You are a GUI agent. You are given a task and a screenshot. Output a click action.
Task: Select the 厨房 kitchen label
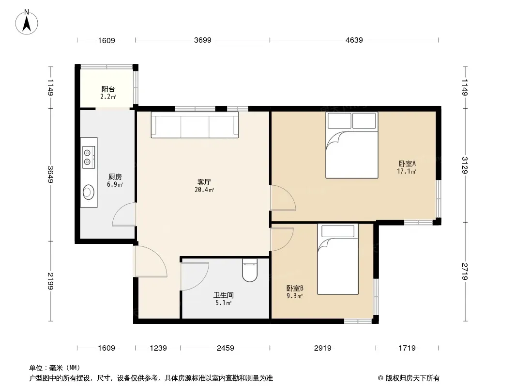coord(115,178)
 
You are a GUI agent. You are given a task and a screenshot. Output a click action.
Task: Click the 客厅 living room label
coord(204,182)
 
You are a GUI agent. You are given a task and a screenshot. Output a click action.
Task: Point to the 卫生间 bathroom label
coord(223,295)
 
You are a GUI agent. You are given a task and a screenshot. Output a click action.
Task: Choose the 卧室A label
coord(407,163)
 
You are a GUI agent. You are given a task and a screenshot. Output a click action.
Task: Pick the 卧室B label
coord(294,288)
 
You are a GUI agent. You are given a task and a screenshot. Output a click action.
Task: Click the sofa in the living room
coord(195,125)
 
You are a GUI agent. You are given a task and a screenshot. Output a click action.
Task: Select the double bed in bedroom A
coord(351,145)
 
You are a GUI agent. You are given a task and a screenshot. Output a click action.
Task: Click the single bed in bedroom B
coord(338,259)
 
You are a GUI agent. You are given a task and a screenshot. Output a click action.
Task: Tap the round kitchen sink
coord(88,193)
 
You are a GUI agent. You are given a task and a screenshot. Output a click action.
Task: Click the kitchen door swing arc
coord(123,215)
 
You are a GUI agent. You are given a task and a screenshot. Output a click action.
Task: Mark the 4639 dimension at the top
coord(354,41)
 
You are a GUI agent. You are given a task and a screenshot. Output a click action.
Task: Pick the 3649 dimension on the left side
coord(50,175)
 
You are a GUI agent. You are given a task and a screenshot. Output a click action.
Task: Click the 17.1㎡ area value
coord(407,171)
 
